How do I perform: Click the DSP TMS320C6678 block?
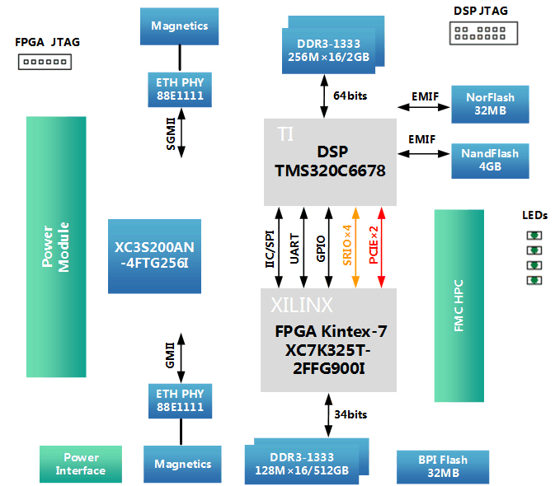(x=330, y=162)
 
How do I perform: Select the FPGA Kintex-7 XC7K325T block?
(x=330, y=339)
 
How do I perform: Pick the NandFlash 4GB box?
(x=490, y=159)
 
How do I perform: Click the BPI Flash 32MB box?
(x=442, y=466)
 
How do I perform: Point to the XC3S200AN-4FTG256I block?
(x=154, y=255)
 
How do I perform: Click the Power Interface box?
(x=80, y=464)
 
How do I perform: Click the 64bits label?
(x=350, y=96)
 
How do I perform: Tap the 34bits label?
(x=350, y=414)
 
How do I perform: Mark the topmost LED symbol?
(x=534, y=235)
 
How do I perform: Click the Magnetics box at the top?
(x=180, y=26)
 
